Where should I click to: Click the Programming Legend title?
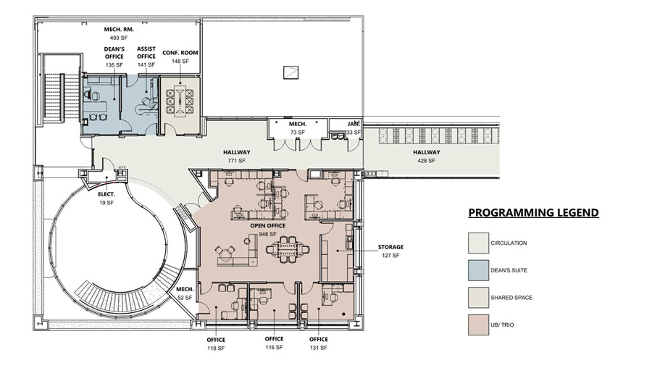[533, 213]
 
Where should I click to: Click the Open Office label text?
[268, 226]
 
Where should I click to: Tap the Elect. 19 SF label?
[107, 198]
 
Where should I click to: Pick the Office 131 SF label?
[319, 343]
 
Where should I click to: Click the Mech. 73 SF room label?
[298, 128]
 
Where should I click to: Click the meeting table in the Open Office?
[287, 248]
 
